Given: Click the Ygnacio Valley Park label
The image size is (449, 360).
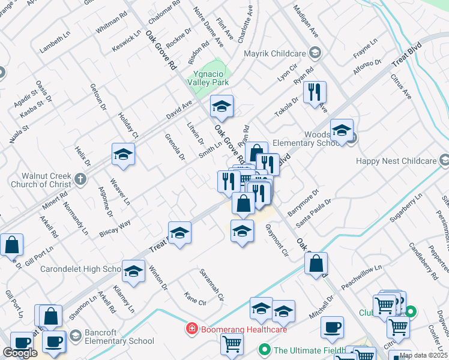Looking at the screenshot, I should pyautogui.click(x=208, y=77).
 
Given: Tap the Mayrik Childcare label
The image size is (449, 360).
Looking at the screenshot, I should pyautogui.click(x=276, y=53).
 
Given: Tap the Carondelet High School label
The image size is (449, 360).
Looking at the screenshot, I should pyautogui.click(x=82, y=269).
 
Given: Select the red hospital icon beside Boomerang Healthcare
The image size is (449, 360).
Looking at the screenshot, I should pyautogui.click(x=191, y=329).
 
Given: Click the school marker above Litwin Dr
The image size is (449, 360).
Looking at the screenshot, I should pyautogui.click(x=221, y=108).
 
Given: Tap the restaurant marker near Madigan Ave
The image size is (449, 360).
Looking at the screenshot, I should pyautogui.click(x=315, y=92).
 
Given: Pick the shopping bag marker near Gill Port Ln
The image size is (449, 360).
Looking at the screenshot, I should pyautogui.click(x=11, y=245).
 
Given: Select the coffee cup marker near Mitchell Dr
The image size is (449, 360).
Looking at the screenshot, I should pyautogui.click(x=332, y=327).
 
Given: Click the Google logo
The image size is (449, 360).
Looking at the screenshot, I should pyautogui.click(x=20, y=353).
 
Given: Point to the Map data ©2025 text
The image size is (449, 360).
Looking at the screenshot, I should pyautogui.click(x=423, y=355).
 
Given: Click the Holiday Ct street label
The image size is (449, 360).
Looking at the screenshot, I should pyautogui.click(x=128, y=126).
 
